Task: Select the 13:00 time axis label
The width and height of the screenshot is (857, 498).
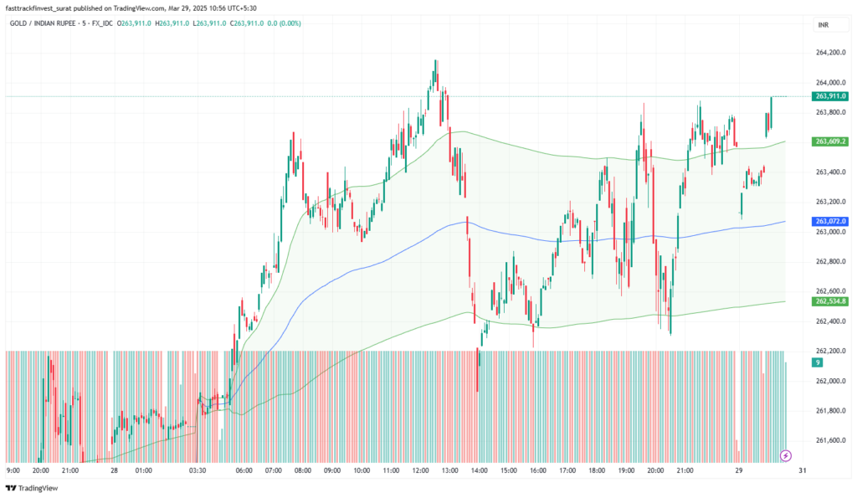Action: [x=449, y=470]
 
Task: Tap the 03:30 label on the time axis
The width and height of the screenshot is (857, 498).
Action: [x=198, y=470]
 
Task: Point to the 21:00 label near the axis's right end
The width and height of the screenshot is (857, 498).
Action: [x=685, y=470]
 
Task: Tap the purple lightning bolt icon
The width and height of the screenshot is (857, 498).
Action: [x=786, y=455]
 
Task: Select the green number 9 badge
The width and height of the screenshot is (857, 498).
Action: [x=817, y=362]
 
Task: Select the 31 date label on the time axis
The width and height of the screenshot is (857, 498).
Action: [x=803, y=470]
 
